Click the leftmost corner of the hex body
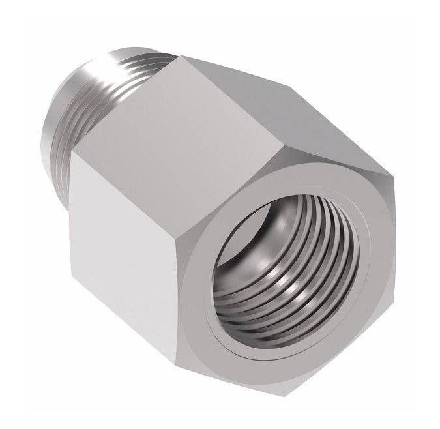click(70, 156)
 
